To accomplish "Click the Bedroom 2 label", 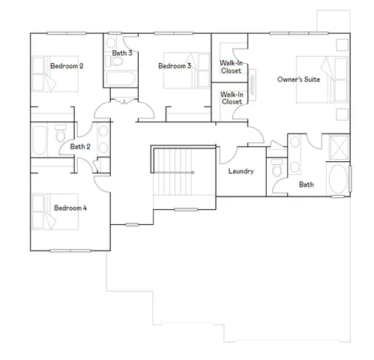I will click(x=67, y=66).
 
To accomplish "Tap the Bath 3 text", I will click(x=122, y=53).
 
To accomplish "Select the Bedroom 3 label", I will click(x=175, y=66).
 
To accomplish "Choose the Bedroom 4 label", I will click(x=70, y=208).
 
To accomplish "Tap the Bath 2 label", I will click(x=80, y=146).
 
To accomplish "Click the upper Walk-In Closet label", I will click(x=231, y=67).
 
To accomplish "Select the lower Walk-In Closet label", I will click(x=231, y=98).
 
